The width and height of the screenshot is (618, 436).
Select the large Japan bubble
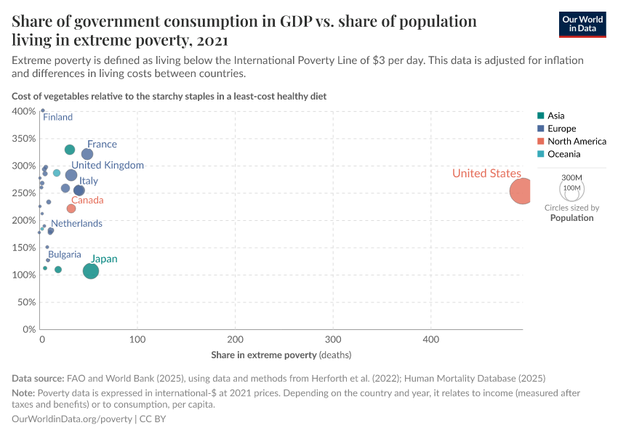coord(91,271)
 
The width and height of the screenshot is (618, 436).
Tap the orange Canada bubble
coord(71,209)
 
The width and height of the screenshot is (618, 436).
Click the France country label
coord(102,145)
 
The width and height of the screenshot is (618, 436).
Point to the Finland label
coord(58,117)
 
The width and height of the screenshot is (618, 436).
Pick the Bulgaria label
coord(65,254)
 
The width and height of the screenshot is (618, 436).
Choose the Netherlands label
coord(76,223)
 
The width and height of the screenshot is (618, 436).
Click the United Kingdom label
coord(108,166)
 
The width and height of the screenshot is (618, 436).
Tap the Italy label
coord(89,181)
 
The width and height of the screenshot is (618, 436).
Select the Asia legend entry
coord(555,116)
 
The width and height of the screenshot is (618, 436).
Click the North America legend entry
coord(577,142)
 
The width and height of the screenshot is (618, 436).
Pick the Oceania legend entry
coord(563,154)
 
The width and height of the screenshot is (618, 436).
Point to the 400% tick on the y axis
coord(24,111)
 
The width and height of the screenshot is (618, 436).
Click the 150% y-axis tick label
coord(24,248)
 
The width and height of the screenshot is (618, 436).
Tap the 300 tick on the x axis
coord(333,339)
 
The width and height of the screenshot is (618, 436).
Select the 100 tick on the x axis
coord(137,339)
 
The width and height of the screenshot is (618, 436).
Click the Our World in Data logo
coord(582,24)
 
